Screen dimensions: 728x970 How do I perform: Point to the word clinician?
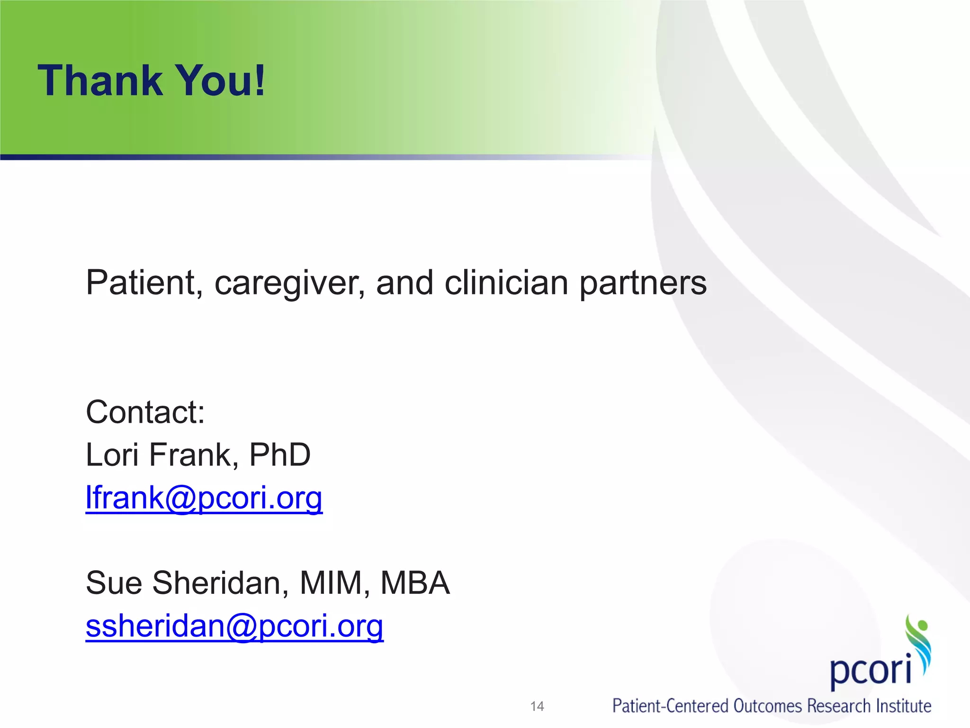point(506,283)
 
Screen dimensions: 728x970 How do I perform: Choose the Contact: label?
point(145,412)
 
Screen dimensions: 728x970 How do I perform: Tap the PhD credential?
point(279,455)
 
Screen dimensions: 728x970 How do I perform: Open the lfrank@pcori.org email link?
point(204,498)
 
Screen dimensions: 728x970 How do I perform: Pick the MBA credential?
point(415,583)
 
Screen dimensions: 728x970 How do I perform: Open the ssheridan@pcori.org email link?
point(234,626)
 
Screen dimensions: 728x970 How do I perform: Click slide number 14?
point(537,706)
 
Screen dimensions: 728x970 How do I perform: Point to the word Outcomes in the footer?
point(767,706)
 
